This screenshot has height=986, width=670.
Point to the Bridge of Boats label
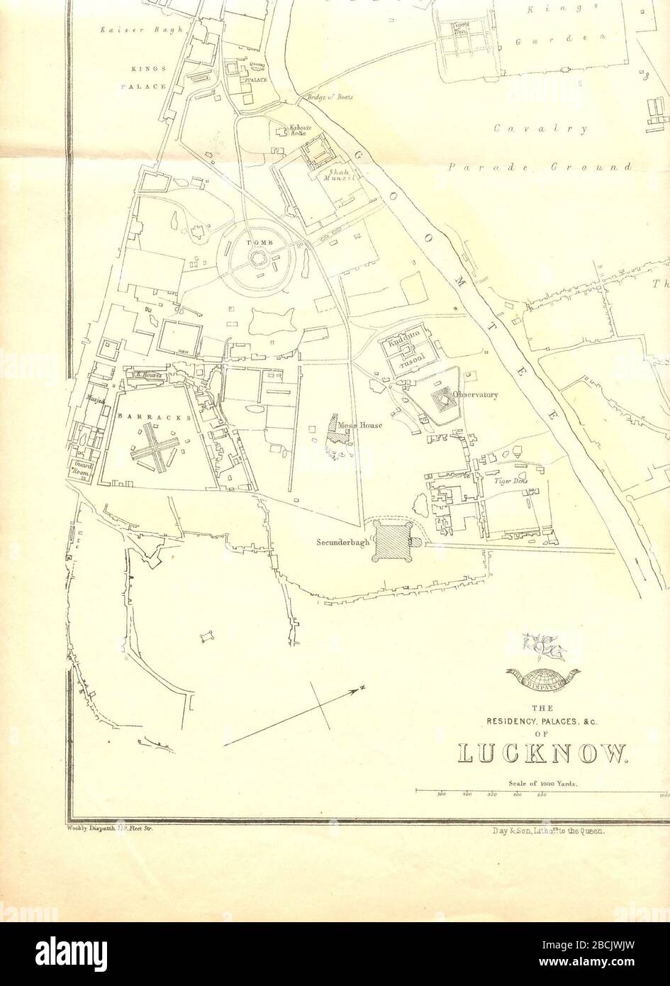(x=330, y=96)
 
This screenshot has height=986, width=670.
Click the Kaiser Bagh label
(x=142, y=30)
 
